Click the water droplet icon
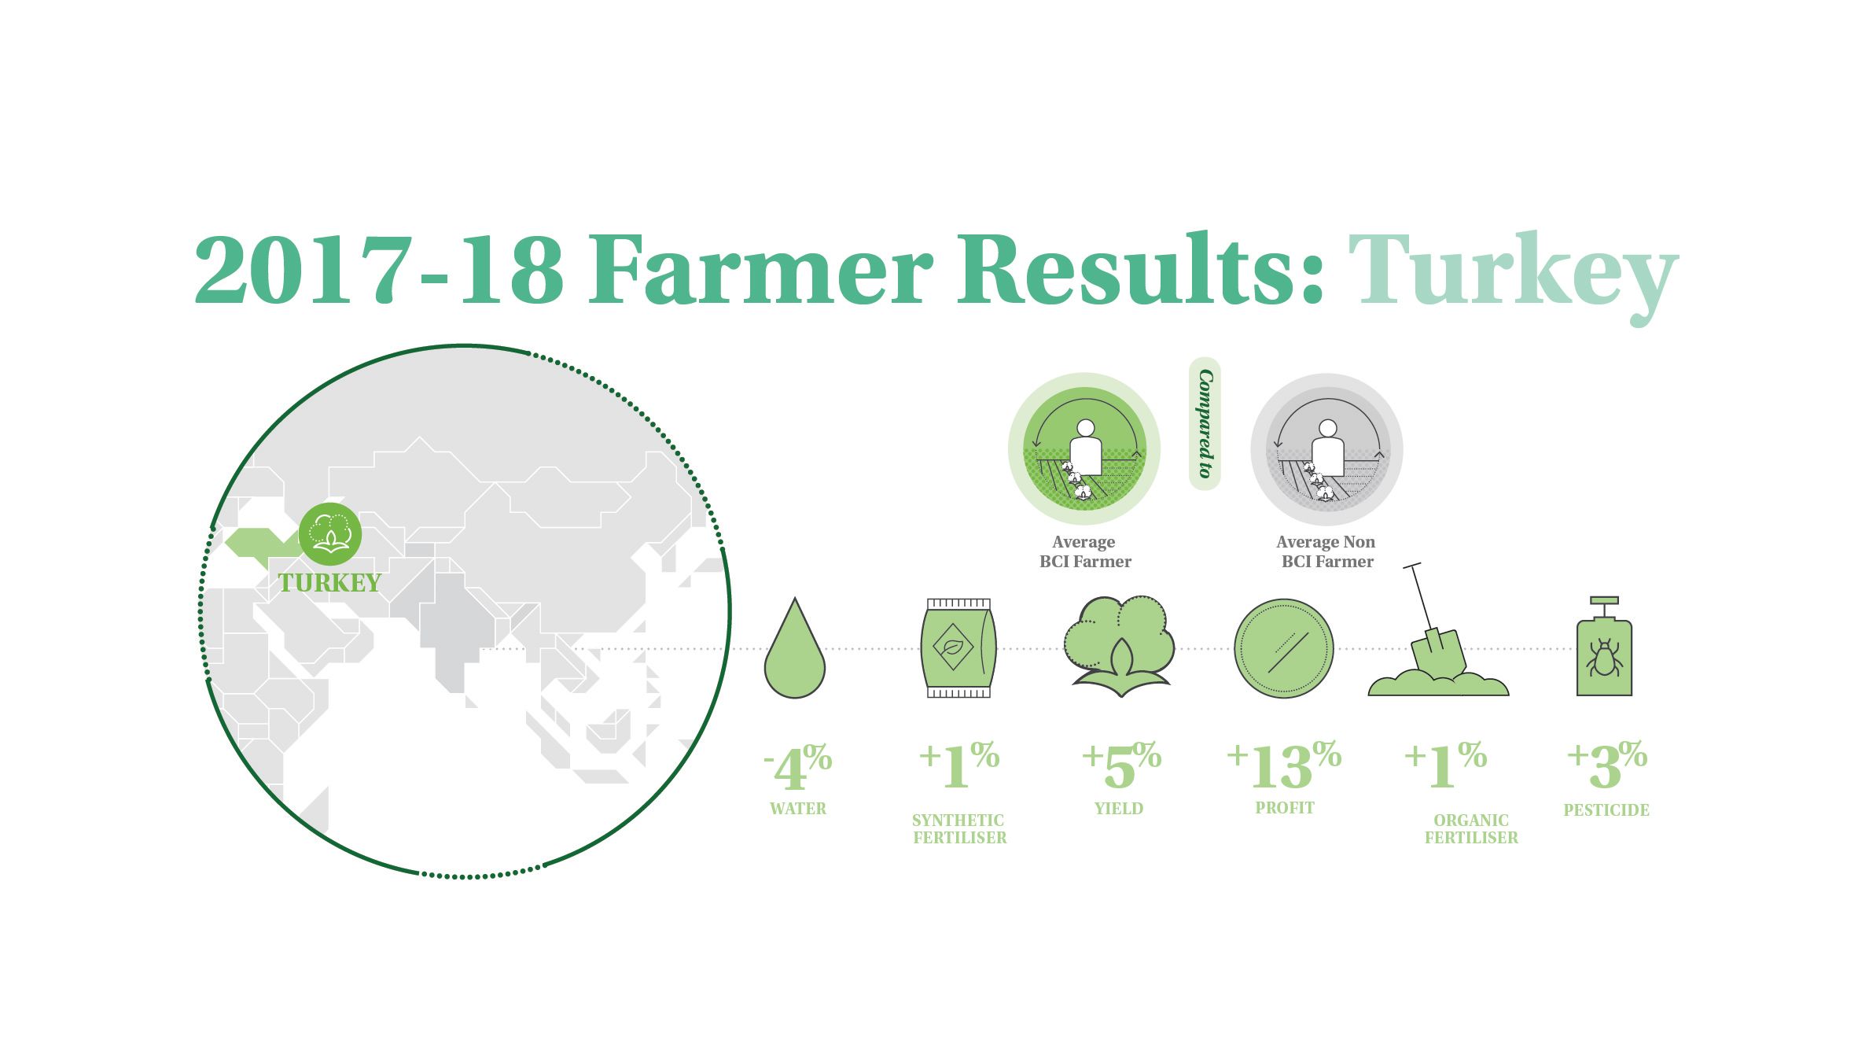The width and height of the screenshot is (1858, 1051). coord(794,653)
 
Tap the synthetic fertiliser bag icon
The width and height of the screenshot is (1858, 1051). coord(958,648)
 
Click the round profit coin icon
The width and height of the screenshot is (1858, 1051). coord(1284,649)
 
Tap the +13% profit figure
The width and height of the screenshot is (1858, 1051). coord(1284,765)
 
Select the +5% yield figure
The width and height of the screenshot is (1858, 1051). coord(1121,765)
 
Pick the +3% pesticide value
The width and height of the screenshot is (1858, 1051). coord(1606,765)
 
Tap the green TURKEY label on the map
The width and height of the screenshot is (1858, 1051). coord(330,583)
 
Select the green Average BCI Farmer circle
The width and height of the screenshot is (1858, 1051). coord(1084,449)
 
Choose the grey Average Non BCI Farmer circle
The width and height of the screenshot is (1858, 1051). coord(1326,449)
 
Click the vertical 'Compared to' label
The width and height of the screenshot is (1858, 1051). coord(1205,423)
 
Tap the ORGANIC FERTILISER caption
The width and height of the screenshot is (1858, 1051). coord(1471,829)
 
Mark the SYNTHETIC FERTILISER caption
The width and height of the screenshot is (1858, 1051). coord(959,829)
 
